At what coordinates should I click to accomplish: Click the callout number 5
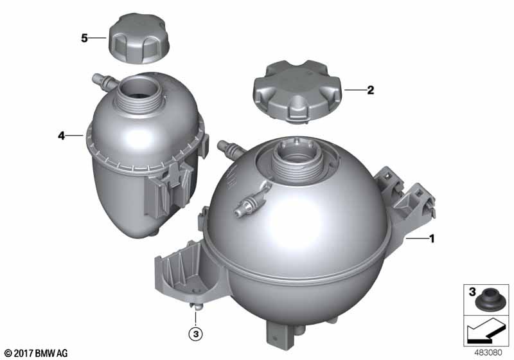[x=84, y=39]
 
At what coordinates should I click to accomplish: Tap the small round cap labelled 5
[x=139, y=39]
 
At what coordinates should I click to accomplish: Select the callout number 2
[x=371, y=90]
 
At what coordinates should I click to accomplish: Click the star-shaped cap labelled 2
[x=297, y=93]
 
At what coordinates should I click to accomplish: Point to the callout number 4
[x=61, y=136]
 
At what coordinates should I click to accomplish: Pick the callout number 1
[x=432, y=239]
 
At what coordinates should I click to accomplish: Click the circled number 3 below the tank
[x=196, y=334]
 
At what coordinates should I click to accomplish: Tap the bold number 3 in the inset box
[x=472, y=291]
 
